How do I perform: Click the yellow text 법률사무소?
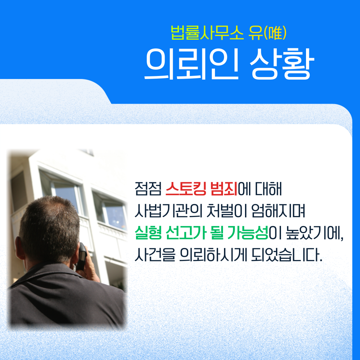pos(207,33)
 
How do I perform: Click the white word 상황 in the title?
pos(282,64)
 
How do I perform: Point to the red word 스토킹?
pos(186,189)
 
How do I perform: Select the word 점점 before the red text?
pos(148,189)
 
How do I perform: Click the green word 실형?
pos(148,233)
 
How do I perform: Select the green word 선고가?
pos(186,233)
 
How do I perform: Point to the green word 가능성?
pos(248,233)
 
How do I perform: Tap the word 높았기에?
pos(315,233)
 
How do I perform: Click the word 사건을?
pos(155,255)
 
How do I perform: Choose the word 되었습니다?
pos(287,255)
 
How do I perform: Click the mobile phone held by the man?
pos(82,256)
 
